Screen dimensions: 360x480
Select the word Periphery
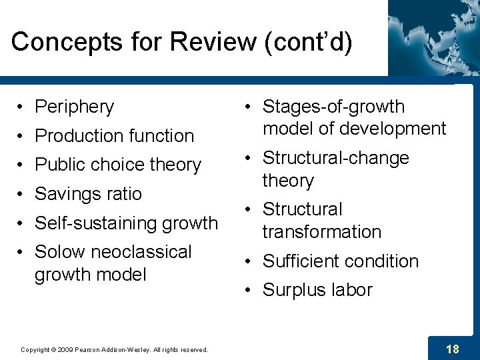pyautogui.click(x=74, y=107)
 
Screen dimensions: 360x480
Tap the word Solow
pyautogui.click(x=59, y=252)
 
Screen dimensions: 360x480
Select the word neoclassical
pyautogui.click(x=141, y=252)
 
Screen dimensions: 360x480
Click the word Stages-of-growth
pyautogui.click(x=333, y=107)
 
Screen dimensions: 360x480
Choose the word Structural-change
pyautogui.click(x=335, y=158)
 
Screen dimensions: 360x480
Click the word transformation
pyautogui.click(x=321, y=232)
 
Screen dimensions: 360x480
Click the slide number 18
pyautogui.click(x=452, y=349)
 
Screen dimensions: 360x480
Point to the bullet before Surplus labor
pyautogui.click(x=247, y=290)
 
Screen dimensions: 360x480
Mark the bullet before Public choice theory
pyautogui.click(x=22, y=165)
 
